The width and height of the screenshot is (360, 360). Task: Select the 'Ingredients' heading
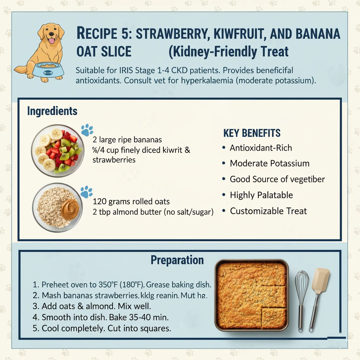point(52,111)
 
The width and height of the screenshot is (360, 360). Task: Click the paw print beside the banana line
point(87,130)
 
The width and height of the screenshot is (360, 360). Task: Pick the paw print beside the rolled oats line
point(86,192)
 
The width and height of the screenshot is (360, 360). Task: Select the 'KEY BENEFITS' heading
point(252,133)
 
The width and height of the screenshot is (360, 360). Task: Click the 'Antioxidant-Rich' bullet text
point(261,148)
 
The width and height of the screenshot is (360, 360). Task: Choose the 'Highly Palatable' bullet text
point(261,195)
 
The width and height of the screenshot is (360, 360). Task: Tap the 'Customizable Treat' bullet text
point(268,211)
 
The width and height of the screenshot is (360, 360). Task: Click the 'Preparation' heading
point(177,260)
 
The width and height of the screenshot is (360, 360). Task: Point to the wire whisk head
point(302,283)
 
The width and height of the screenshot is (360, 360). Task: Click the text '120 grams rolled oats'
point(131,202)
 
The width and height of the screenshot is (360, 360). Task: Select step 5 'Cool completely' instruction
point(106,328)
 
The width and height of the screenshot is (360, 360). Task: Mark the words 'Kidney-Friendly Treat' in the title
point(229,52)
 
